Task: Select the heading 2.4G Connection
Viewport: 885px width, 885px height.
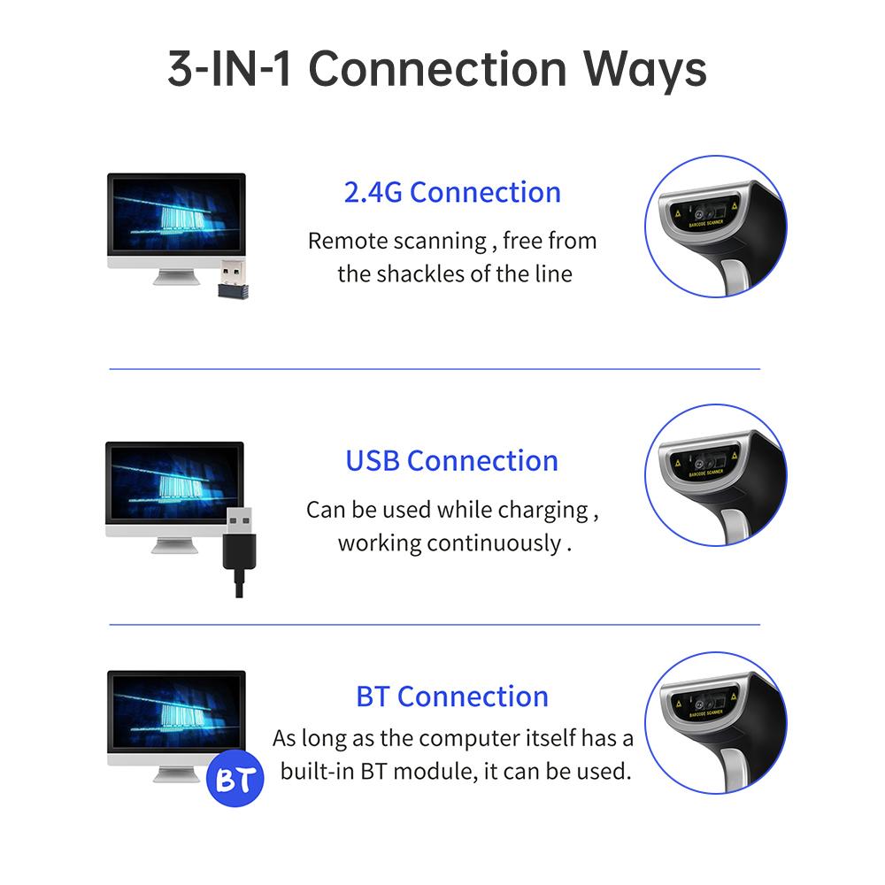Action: pyautogui.click(x=452, y=192)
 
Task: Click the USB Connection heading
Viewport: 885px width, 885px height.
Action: pyautogui.click(x=451, y=461)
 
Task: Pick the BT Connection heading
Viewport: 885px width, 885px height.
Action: pyautogui.click(x=452, y=696)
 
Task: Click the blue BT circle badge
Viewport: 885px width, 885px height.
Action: pyautogui.click(x=235, y=778)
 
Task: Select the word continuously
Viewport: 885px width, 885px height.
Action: pyautogui.click(x=493, y=543)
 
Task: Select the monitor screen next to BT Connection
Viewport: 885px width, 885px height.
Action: pyautogui.click(x=176, y=712)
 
